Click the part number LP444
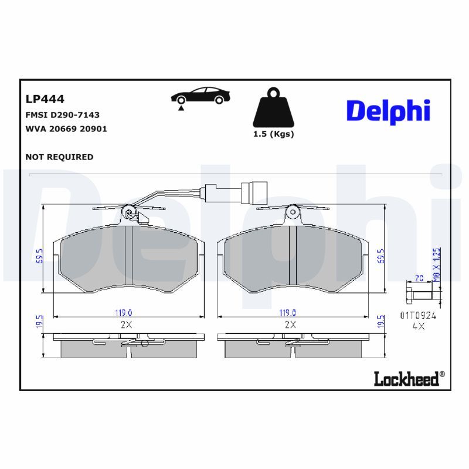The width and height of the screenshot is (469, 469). [x=45, y=99]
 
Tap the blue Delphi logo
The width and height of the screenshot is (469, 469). [x=388, y=110]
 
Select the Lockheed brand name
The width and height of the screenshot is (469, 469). [x=406, y=379]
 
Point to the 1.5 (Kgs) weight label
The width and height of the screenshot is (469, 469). [x=273, y=134]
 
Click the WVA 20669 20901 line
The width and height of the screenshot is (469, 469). [x=66, y=128]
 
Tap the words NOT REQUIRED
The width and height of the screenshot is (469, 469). [x=60, y=157]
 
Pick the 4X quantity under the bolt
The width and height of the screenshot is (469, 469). [x=418, y=327]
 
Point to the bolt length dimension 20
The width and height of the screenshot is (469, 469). [x=419, y=279]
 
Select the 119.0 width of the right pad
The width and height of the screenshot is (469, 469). [x=287, y=312]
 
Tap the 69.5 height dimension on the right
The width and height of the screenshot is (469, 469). [x=381, y=257]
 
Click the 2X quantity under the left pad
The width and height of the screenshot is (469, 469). [x=124, y=324]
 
